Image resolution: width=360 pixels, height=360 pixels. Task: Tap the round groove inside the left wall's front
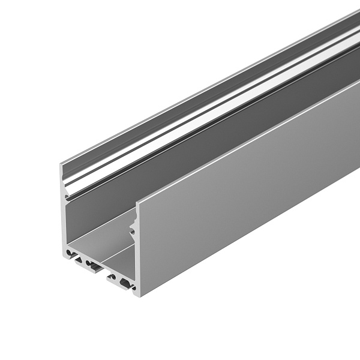65,197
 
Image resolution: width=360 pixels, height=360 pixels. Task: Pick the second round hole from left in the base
88,263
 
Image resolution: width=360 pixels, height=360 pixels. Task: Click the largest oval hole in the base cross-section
124,281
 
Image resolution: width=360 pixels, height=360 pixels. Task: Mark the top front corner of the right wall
137,200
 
